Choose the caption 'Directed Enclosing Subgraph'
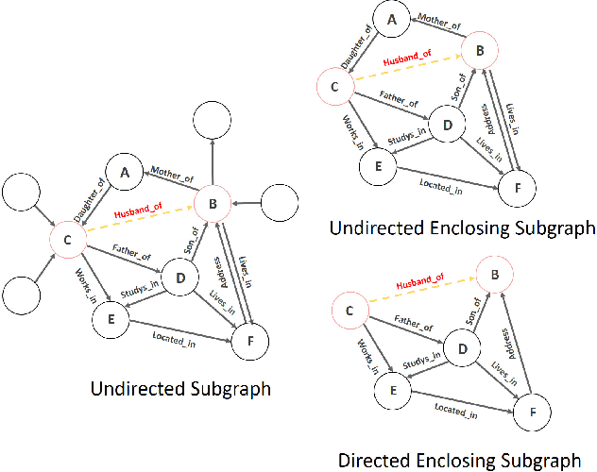[459, 461]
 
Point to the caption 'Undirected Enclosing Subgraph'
[461, 228]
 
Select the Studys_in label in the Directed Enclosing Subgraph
[421, 362]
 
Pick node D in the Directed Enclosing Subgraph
[463, 346]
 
